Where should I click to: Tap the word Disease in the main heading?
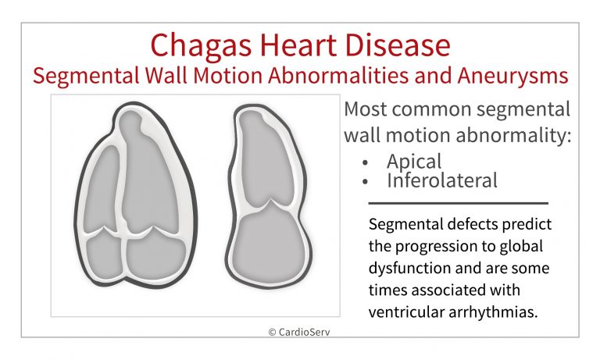[398, 45]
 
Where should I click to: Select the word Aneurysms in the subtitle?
[512, 76]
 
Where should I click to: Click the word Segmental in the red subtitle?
[86, 76]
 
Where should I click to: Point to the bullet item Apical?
[414, 161]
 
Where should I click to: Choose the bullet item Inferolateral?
[442, 180]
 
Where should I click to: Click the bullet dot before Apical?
[365, 162]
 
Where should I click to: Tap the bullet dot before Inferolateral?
[365, 181]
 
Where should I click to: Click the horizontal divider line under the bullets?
[459, 204]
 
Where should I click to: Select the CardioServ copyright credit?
[299, 332]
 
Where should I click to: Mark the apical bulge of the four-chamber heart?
[130, 123]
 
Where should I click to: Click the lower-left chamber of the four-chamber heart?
[104, 256]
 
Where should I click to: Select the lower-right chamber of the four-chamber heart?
[155, 254]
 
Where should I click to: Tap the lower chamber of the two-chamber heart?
[269, 244]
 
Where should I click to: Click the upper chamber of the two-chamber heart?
[264, 157]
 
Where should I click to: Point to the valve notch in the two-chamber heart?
[270, 201]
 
